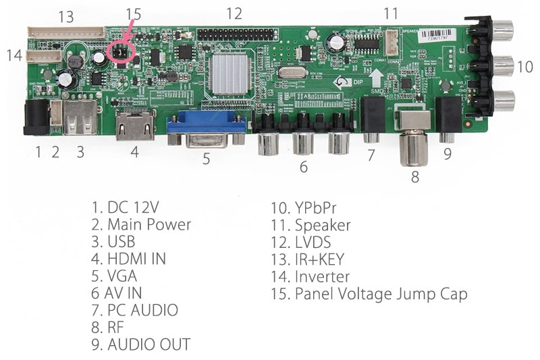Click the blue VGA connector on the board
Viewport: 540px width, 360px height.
[207, 128]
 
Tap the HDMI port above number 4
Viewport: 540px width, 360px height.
[134, 125]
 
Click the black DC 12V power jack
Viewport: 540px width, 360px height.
[34, 115]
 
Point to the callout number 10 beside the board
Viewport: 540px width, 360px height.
[524, 67]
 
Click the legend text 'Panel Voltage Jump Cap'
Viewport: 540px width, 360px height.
[381, 294]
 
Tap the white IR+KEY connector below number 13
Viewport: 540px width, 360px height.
[66, 32]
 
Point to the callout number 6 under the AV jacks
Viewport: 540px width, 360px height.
[303, 166]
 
